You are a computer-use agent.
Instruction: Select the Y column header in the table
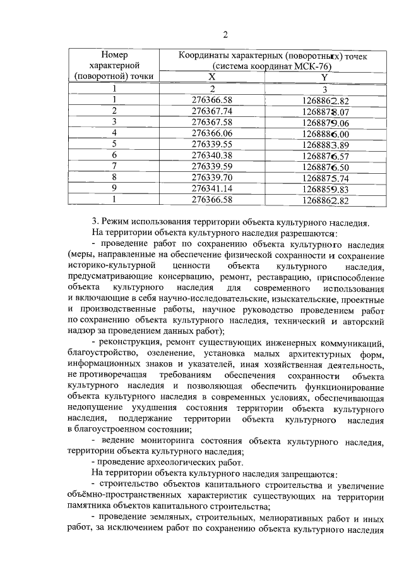tap(324, 77)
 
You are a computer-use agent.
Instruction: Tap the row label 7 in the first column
tap(114, 166)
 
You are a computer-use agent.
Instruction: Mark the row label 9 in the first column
tap(114, 189)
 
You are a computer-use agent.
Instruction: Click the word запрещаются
tap(306, 474)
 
